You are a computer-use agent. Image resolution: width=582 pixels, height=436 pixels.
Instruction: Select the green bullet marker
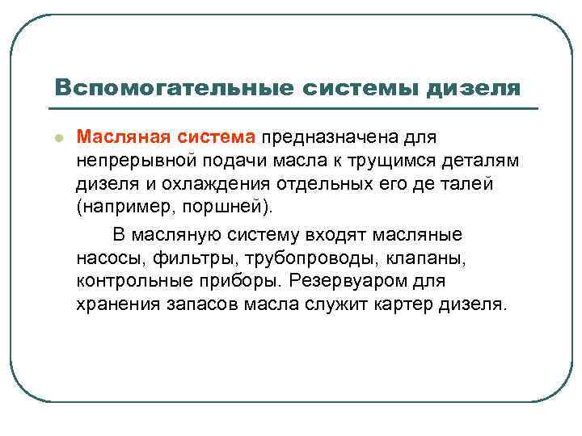click(57, 137)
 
